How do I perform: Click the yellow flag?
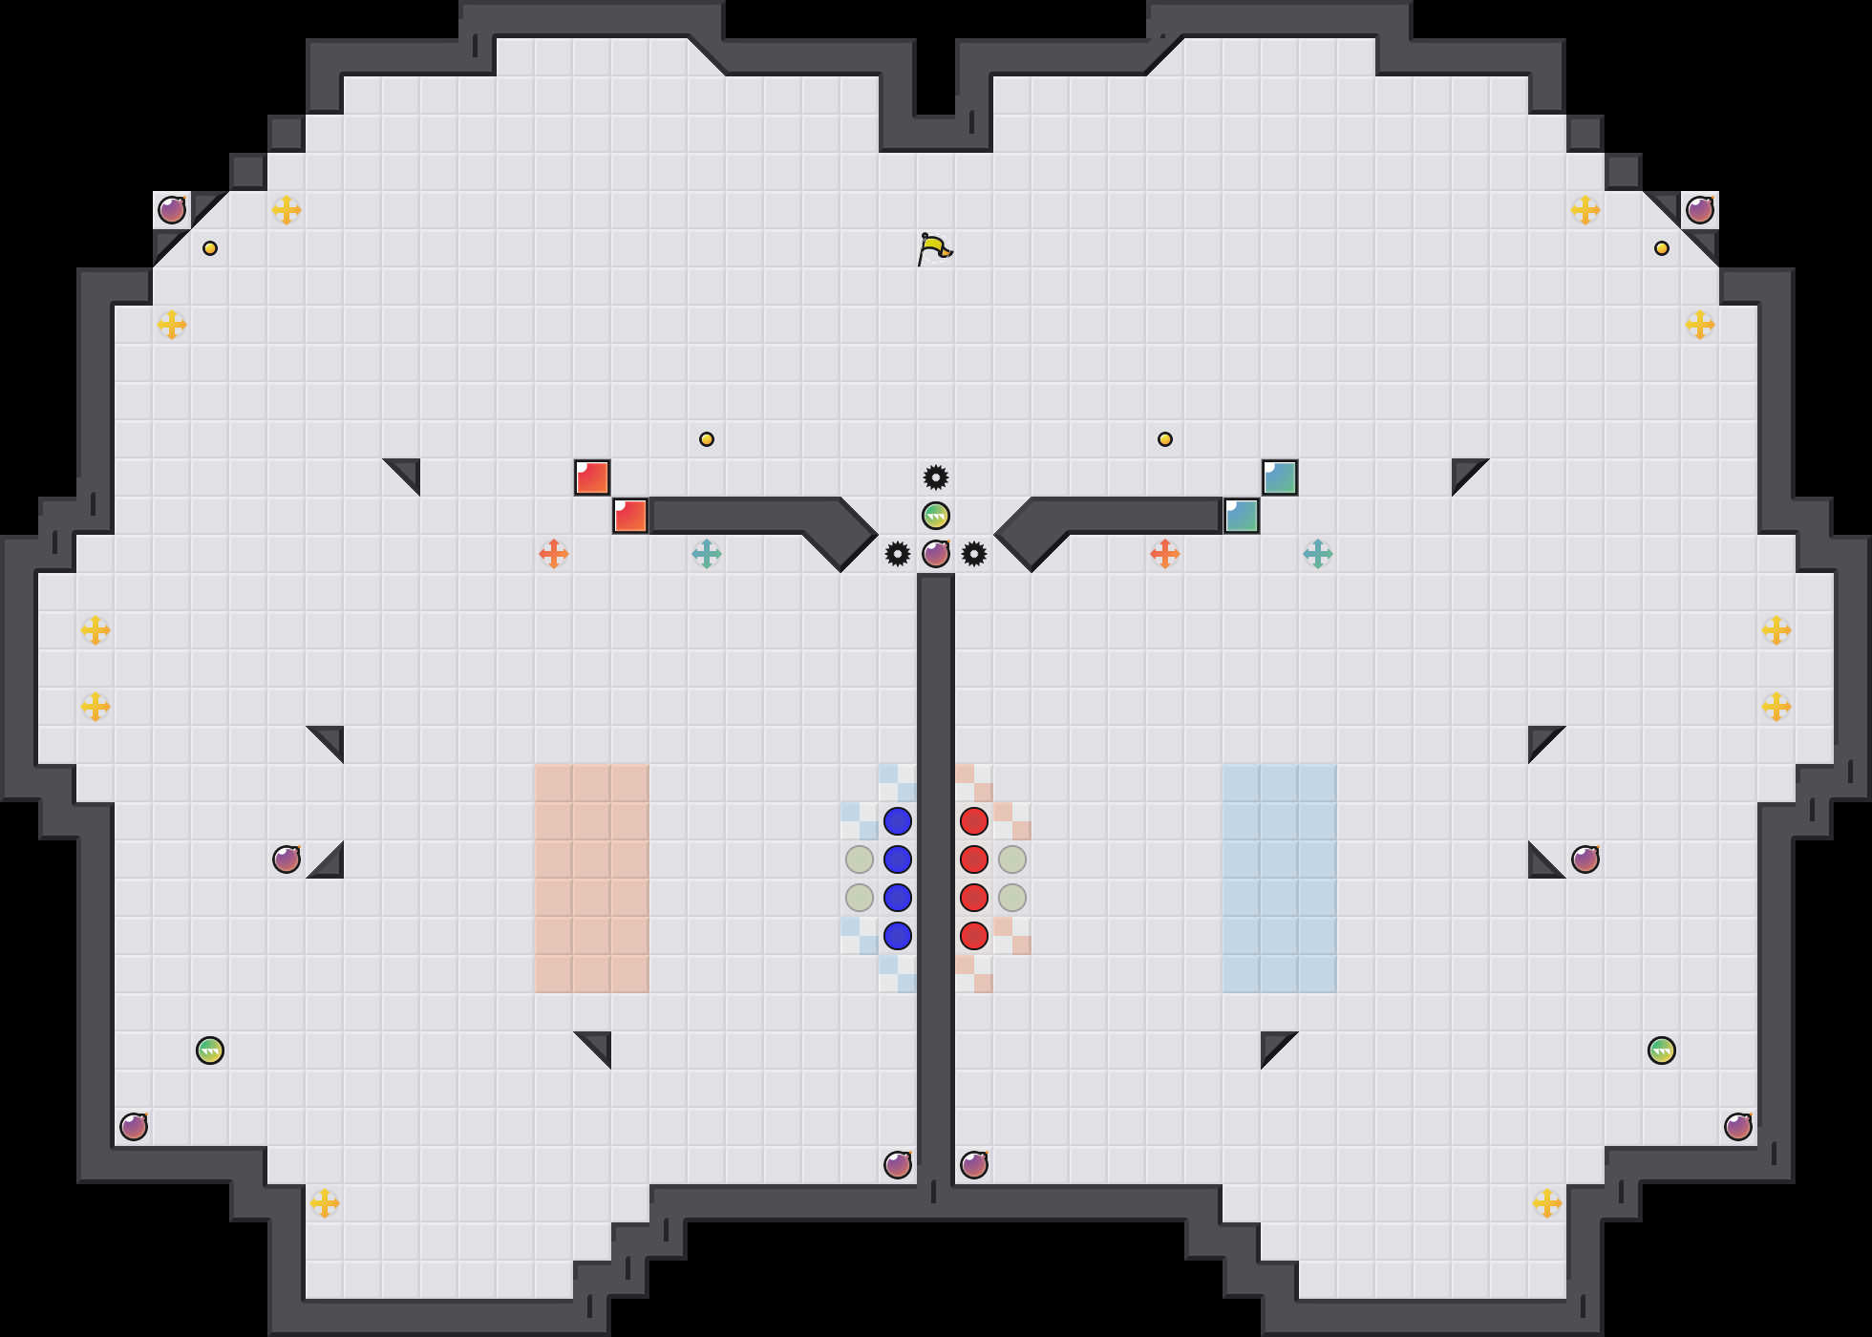click(934, 248)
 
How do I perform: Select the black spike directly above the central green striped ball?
click(936, 477)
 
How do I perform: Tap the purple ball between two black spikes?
click(936, 554)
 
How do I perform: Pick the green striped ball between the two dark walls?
click(936, 516)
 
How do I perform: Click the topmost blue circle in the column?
click(898, 821)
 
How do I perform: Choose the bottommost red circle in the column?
click(974, 936)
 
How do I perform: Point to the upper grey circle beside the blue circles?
click(860, 859)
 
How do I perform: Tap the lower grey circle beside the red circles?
click(1012, 898)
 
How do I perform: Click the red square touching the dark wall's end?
click(630, 516)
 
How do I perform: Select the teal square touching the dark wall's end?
click(1242, 516)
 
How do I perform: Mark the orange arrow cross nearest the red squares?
click(554, 554)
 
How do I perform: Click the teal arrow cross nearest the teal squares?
click(1318, 554)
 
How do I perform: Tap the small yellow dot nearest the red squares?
click(707, 439)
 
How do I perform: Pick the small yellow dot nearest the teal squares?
click(1165, 439)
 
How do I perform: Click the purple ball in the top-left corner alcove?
click(172, 210)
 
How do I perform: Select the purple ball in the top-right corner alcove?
click(1700, 210)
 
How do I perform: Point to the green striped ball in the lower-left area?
click(210, 1050)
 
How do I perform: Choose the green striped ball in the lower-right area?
click(1662, 1050)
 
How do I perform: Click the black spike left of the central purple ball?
click(898, 554)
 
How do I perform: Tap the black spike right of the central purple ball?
click(974, 554)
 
